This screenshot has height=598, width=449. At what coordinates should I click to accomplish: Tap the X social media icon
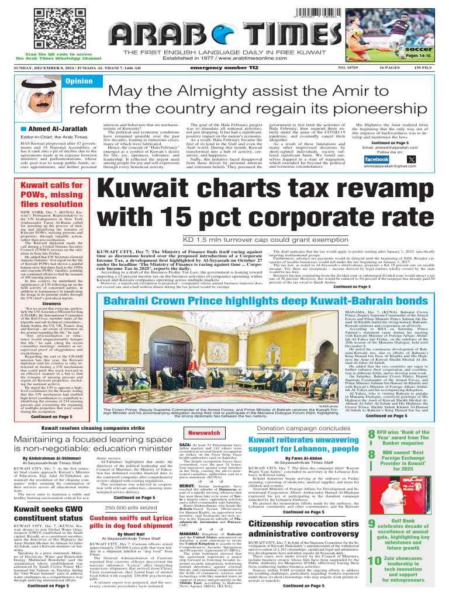click(x=412, y=159)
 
